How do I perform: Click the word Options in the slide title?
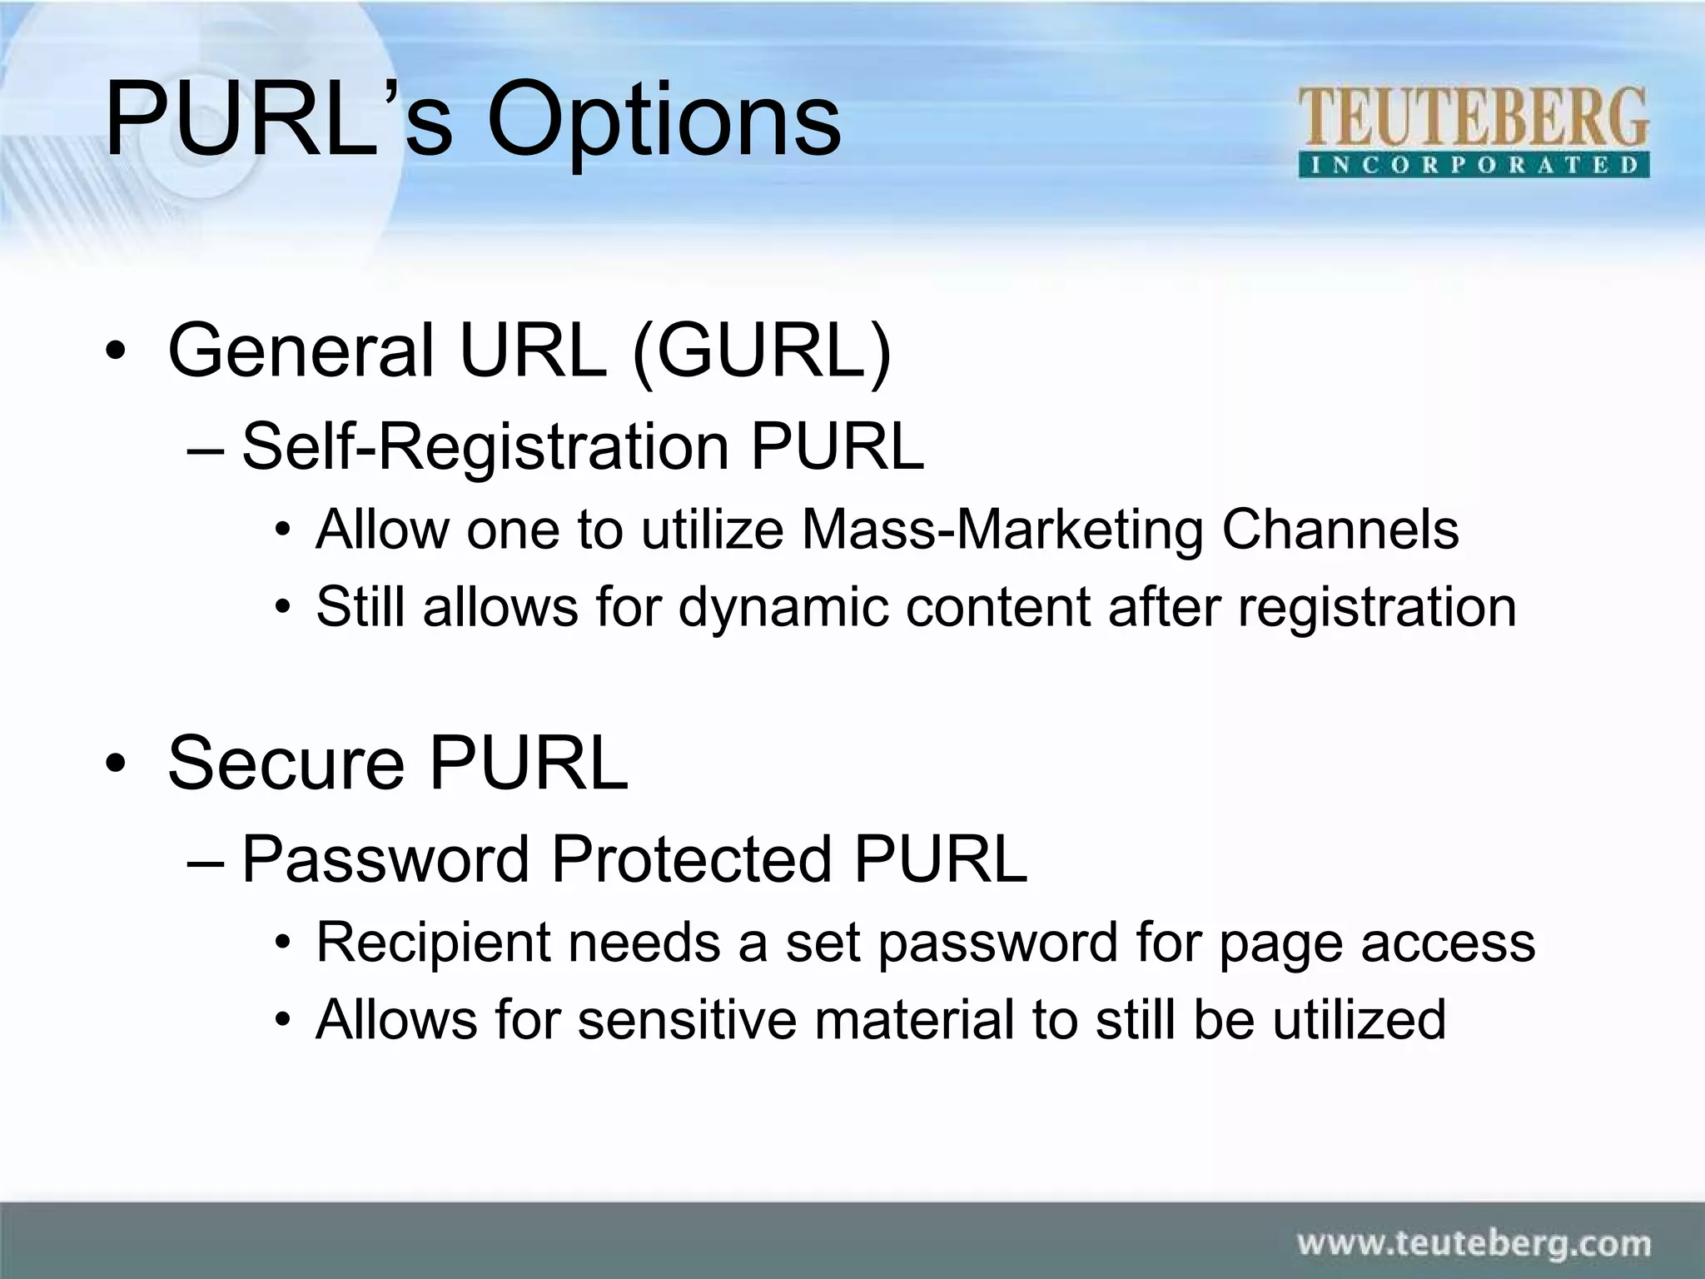click(x=664, y=121)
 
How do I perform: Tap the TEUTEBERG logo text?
click(x=1473, y=119)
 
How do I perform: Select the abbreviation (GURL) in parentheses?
click(x=761, y=351)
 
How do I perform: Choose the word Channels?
click(x=1340, y=530)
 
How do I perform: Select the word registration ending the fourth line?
click(x=1377, y=607)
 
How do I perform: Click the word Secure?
click(x=286, y=763)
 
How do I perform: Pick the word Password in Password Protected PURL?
click(x=385, y=859)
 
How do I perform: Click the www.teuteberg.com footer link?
click(x=1474, y=1244)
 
